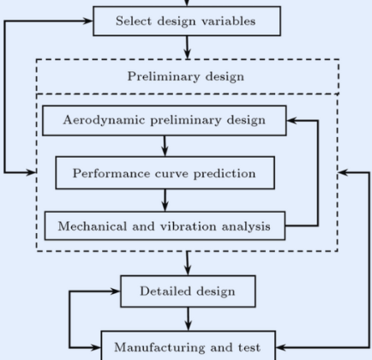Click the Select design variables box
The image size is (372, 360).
coord(187,21)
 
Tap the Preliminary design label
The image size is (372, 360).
coord(186,76)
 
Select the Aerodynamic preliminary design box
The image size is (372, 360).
coord(165,121)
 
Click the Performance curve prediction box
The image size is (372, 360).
coord(165,173)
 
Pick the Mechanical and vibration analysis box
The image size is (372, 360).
coord(165,226)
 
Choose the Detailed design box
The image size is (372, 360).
coord(188,291)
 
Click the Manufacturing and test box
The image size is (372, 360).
coord(189,345)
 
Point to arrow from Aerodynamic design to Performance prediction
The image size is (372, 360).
coord(165,146)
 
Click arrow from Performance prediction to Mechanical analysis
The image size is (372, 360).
coord(165,201)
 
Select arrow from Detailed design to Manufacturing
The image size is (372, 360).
coord(189,319)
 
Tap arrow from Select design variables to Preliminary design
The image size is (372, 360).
coord(187,48)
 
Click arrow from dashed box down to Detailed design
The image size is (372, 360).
coord(188,263)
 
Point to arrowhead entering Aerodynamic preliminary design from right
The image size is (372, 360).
coord(292,121)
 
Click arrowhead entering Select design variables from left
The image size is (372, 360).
coord(87,21)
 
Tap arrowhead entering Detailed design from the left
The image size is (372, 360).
coord(115,291)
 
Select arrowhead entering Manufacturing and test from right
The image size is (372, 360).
coord(281,347)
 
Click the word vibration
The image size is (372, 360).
coord(188,226)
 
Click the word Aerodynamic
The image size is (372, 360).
coord(104,120)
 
